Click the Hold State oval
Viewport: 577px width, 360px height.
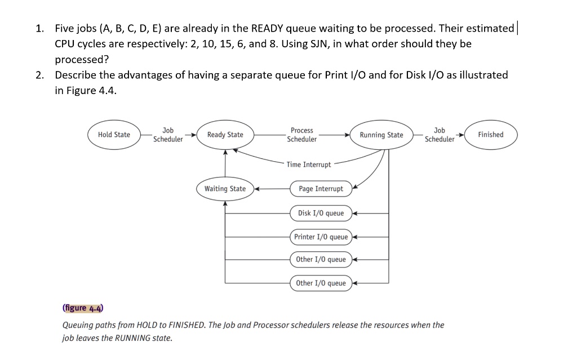114,135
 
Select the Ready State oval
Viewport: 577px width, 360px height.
225,135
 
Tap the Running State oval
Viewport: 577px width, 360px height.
381,135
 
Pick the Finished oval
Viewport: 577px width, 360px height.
490,135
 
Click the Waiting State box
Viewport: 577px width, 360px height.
225,189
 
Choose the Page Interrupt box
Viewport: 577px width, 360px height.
321,189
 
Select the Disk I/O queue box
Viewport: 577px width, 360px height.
321,213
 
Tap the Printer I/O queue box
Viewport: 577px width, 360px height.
321,237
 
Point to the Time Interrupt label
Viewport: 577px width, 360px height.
309,165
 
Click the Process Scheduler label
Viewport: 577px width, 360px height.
302,135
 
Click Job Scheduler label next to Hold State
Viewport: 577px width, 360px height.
168,135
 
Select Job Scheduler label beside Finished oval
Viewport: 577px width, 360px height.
440,135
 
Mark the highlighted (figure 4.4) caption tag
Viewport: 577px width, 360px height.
82,308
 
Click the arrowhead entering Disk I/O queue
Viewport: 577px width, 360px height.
356,214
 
